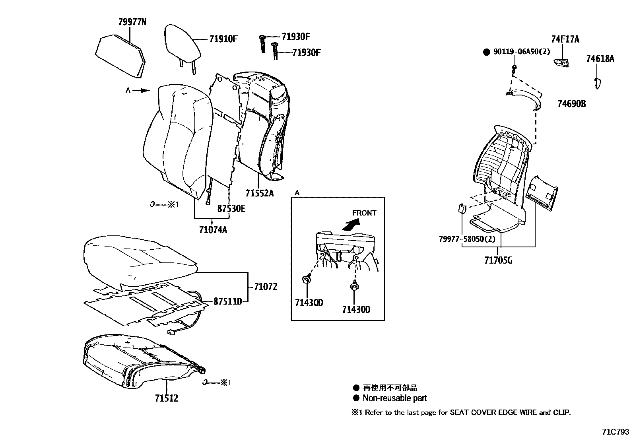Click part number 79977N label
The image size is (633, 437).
132,22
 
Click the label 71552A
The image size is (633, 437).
260,194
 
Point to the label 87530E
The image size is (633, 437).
231,208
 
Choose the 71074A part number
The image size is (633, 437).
213,229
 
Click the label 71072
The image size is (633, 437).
266,286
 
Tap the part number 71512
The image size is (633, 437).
167,398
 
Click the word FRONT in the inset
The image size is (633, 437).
364,213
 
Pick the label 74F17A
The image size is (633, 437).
565,39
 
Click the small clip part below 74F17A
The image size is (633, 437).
561,62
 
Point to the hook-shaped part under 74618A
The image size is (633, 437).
596,83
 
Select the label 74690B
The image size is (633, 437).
571,104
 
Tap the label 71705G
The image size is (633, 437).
498,260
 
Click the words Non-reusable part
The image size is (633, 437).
394,398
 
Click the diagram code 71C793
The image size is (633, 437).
616,431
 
